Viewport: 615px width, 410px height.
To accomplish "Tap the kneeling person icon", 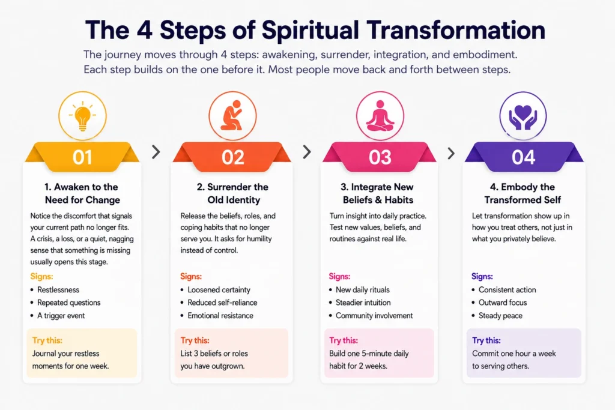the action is [232, 115].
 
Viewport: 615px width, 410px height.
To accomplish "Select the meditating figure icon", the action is [380, 116].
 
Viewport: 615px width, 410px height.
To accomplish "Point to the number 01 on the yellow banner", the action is [82, 157].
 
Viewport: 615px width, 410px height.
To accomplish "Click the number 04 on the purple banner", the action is [523, 157].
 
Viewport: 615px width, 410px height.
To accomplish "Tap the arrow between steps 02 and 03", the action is [307, 152].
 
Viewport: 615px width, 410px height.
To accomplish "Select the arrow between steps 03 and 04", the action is [451, 153].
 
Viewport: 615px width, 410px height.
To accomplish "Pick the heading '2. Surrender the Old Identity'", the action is [233, 193].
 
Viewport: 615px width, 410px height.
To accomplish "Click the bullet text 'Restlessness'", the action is [58, 290].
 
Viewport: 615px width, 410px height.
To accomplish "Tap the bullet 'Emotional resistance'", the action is [220, 316].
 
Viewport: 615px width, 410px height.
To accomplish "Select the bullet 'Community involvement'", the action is [374, 316].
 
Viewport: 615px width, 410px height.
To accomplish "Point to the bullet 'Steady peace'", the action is [500, 316].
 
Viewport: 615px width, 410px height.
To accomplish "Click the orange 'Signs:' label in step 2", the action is [191, 276].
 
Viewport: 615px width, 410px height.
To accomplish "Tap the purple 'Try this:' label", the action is [486, 340].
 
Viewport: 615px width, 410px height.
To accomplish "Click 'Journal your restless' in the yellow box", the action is [65, 354].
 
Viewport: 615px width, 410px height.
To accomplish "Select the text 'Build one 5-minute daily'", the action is [369, 354].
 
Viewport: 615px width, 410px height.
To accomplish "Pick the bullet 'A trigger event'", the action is [61, 316].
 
